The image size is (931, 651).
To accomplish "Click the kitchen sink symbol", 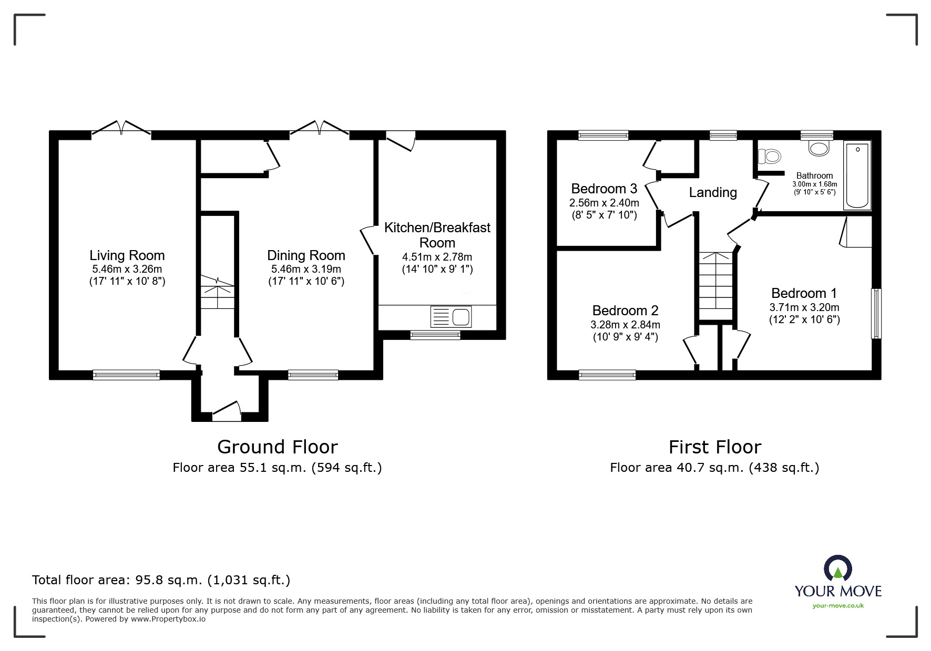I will click(x=451, y=317).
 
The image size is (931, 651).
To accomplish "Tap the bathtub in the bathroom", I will click(x=857, y=175).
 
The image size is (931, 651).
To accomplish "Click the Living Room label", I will click(x=127, y=255).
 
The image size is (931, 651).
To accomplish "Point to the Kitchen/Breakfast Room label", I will click(x=437, y=235).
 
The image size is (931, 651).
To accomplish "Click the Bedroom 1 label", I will click(x=804, y=293).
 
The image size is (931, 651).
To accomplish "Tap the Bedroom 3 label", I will click(x=604, y=189).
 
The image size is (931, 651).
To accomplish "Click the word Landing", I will click(x=712, y=192).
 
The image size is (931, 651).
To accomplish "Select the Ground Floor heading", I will click(x=277, y=447).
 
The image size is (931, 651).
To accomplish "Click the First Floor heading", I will click(x=714, y=447).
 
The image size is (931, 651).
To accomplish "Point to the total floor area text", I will click(x=161, y=580).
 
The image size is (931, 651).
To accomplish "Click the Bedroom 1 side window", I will click(x=876, y=313).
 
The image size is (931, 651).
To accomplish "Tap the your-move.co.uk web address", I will click(x=838, y=606).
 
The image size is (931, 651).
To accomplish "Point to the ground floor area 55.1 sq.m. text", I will click(x=277, y=468).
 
